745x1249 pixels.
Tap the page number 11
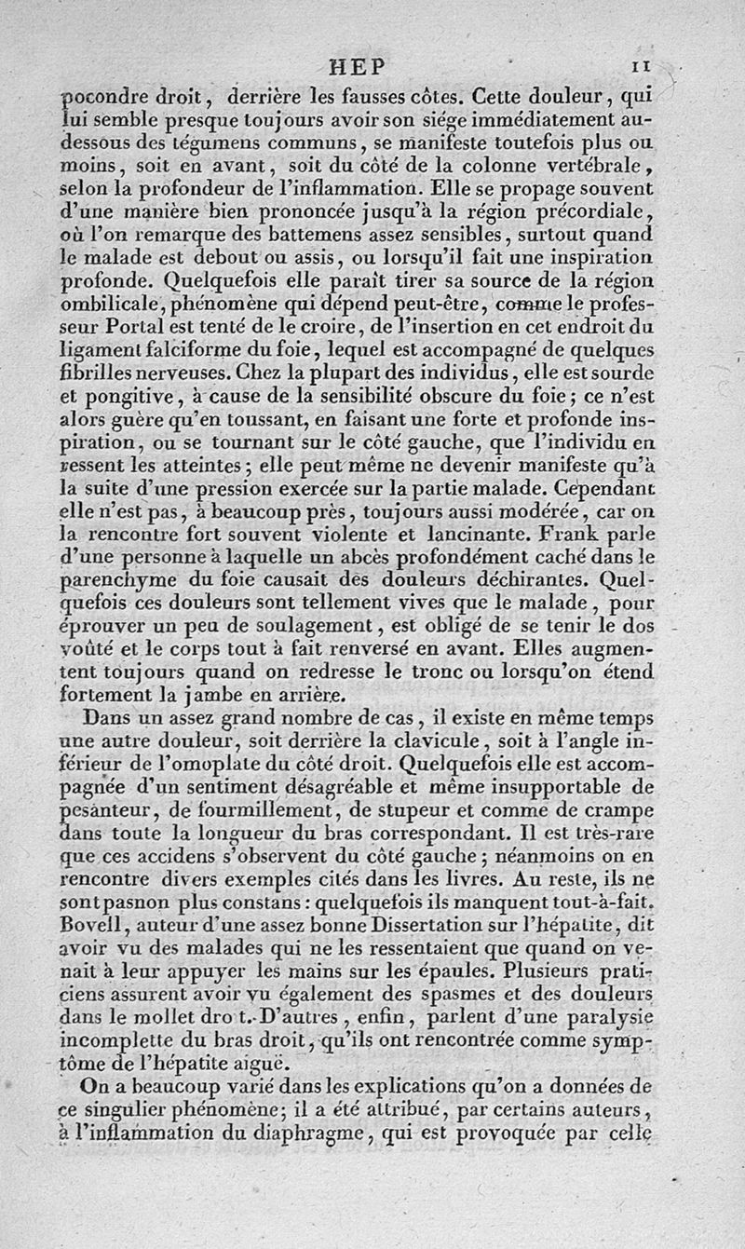point(640,66)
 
